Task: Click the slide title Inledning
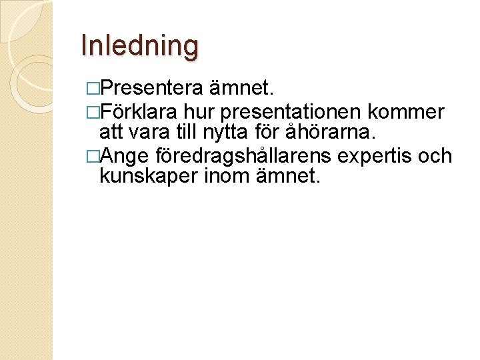[139, 46]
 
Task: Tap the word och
[435, 156]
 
